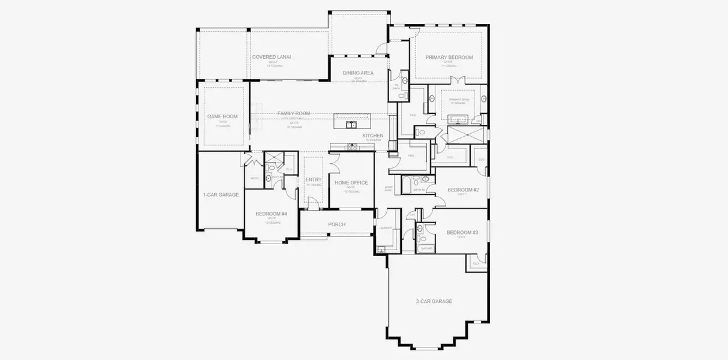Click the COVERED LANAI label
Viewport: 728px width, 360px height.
tap(271, 57)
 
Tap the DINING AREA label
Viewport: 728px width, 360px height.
tap(358, 73)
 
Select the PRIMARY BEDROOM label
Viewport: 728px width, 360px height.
tap(449, 58)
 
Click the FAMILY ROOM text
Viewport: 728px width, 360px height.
tap(293, 113)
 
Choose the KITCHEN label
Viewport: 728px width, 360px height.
tap(372, 136)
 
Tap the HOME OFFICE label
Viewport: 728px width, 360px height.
tap(351, 182)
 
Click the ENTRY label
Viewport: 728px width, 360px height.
tap(314, 179)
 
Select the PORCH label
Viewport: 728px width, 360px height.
tap(336, 224)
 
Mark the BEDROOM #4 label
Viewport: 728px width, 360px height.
tap(271, 214)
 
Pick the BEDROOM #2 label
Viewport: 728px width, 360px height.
tap(463, 190)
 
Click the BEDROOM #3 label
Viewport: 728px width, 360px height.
tap(462, 232)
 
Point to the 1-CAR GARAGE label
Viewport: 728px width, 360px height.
tap(221, 194)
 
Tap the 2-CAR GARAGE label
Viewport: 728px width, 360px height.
tap(434, 301)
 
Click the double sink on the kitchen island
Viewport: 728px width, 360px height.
tap(351, 125)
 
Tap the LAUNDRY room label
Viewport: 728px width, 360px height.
tap(386, 228)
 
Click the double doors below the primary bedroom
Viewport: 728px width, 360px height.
tap(458, 80)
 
